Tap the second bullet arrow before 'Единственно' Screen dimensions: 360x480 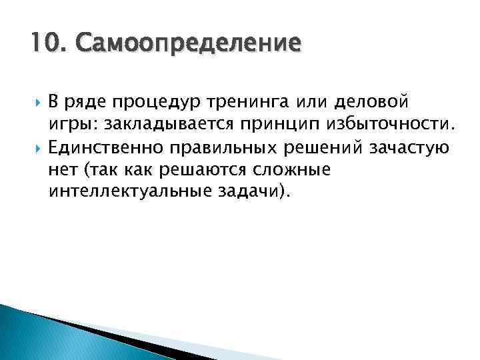coord(35,147)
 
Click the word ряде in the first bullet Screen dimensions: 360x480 coord(83,103)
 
